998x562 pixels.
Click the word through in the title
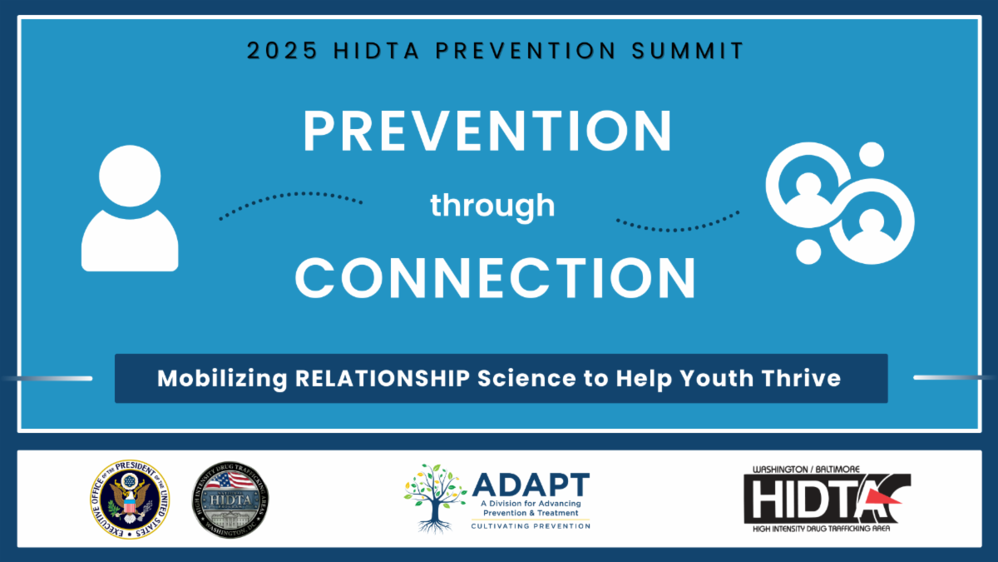[x=492, y=205]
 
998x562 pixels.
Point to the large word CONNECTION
[x=496, y=278]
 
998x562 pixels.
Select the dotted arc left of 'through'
[x=290, y=202]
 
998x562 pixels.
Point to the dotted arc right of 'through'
[x=678, y=221]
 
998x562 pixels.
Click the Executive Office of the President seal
[x=129, y=500]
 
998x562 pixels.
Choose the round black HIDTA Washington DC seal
[x=230, y=500]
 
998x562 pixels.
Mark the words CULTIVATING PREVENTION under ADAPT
[x=530, y=526]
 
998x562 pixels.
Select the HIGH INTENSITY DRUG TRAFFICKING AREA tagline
[x=823, y=530]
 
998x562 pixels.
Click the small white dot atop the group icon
[x=871, y=155]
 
